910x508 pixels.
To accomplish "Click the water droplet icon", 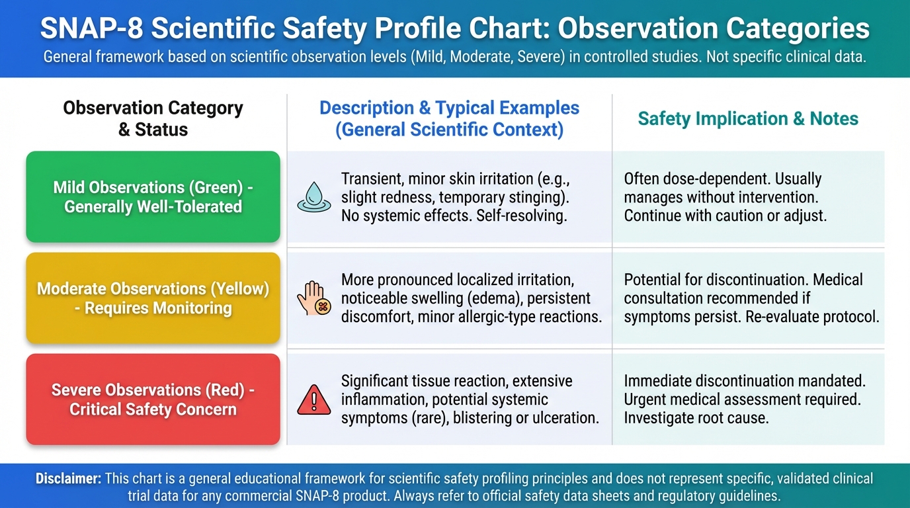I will pyautogui.click(x=314, y=197).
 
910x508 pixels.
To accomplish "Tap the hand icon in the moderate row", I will pyautogui.click(x=315, y=298).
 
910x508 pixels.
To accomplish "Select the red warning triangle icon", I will pyautogui.click(x=314, y=400).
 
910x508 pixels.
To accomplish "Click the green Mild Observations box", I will pyautogui.click(x=153, y=197).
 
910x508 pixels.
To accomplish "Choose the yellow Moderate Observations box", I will pyautogui.click(x=153, y=298).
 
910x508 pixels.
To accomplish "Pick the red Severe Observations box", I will pyautogui.click(x=153, y=400).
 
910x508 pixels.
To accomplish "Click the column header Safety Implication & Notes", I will pyautogui.click(x=747, y=119).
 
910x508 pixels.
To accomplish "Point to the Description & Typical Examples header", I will pyautogui.click(x=449, y=119).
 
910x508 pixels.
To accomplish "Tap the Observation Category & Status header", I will pyautogui.click(x=153, y=119).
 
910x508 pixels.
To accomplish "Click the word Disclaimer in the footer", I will pyautogui.click(x=67, y=478).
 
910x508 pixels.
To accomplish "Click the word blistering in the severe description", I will pyautogui.click(x=485, y=418).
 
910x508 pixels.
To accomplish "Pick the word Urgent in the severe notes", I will pyautogui.click(x=647, y=400).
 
